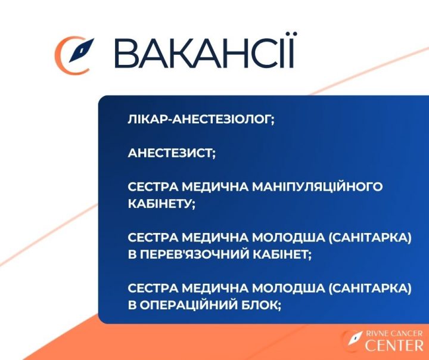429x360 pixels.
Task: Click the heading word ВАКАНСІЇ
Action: (x=204, y=51)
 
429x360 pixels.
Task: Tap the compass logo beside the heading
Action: (x=74, y=55)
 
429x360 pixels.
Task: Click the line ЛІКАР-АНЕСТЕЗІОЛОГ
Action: (x=201, y=119)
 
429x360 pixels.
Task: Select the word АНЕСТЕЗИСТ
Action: (x=172, y=153)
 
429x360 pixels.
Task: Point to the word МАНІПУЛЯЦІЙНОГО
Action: (x=317, y=187)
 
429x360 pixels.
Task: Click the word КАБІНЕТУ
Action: (x=161, y=204)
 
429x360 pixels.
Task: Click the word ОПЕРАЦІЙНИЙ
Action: (x=188, y=305)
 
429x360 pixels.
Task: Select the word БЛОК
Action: (x=261, y=305)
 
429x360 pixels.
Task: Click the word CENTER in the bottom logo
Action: (x=394, y=345)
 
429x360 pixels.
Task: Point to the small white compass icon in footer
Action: (x=355, y=338)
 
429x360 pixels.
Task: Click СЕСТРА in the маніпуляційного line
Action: (x=153, y=187)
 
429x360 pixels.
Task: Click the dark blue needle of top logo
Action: (x=81, y=50)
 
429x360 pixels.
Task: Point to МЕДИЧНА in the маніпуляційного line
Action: (x=214, y=187)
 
